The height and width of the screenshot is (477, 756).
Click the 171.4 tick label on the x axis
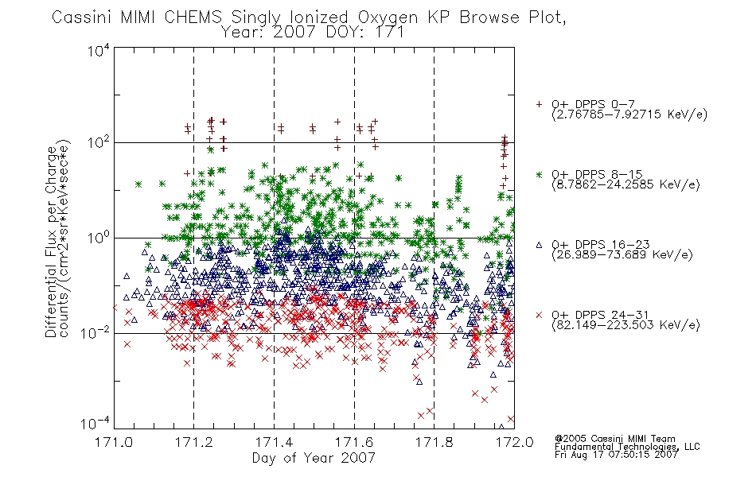click(274, 442)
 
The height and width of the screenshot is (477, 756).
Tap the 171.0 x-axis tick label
click(114, 442)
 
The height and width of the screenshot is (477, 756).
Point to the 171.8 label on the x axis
click(434, 442)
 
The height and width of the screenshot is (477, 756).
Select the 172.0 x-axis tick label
click(514, 442)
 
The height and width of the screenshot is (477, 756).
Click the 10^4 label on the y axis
click(99, 50)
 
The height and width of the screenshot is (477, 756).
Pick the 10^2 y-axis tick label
click(99, 143)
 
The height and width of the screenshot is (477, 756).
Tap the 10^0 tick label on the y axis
click(99, 238)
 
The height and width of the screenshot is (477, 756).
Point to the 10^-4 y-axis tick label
click(95, 424)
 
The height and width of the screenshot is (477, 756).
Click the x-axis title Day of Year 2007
click(314, 458)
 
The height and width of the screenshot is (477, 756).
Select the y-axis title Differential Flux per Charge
click(52, 242)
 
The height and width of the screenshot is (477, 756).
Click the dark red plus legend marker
click(539, 104)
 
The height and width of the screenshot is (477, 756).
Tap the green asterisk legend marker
click(539, 174)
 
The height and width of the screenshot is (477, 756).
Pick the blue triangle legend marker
click(539, 245)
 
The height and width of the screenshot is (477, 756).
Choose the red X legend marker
click(539, 315)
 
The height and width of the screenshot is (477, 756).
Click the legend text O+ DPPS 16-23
click(601, 244)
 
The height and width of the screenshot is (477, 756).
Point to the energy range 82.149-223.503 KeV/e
click(625, 325)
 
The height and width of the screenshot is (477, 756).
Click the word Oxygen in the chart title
click(388, 17)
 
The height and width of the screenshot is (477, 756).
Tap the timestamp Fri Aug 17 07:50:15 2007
click(616, 455)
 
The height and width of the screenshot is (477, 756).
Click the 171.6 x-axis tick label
click(354, 442)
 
